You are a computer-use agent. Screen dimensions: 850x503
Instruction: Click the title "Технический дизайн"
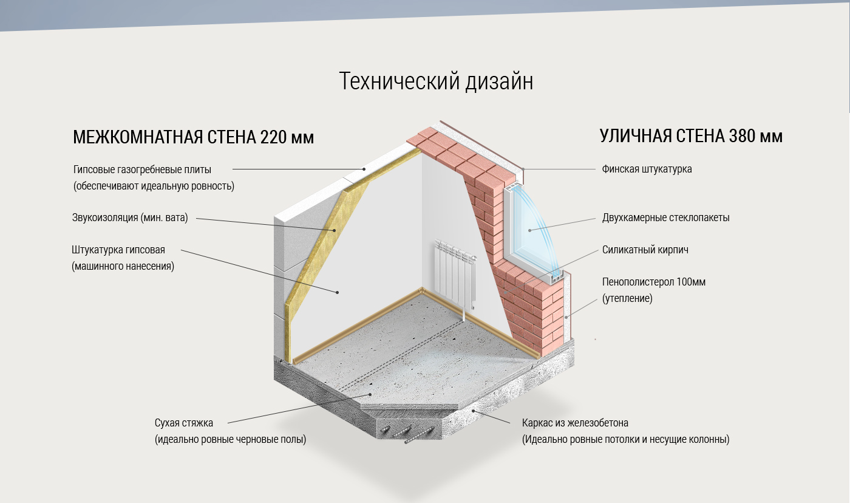[436, 81]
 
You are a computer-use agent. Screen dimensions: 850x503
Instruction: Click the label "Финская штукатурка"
[647, 169]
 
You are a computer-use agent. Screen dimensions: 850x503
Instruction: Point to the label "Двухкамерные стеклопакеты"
[665, 217]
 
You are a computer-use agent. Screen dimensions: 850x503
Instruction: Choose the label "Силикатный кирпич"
[645, 250]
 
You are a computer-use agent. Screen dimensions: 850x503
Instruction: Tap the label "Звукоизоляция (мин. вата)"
[130, 217]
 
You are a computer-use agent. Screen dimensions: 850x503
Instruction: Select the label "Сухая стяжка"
[184, 423]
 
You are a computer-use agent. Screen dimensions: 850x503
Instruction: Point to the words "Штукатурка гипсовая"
[118, 250]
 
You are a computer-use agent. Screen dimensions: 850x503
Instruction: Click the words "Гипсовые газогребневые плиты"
[142, 169]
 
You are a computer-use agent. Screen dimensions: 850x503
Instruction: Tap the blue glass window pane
[532, 228]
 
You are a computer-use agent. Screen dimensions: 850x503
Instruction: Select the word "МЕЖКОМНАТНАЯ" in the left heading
[137, 137]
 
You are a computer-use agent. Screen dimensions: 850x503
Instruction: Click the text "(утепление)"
[627, 298]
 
